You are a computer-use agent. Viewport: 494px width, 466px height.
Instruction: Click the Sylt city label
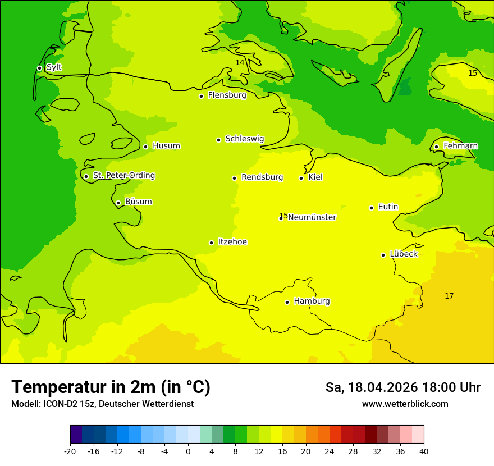click(x=54, y=67)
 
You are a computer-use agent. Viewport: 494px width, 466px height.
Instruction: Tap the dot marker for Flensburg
click(x=201, y=96)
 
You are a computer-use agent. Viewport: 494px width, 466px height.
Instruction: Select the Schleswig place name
click(x=244, y=139)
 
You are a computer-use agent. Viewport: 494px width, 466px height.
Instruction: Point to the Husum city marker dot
click(x=145, y=147)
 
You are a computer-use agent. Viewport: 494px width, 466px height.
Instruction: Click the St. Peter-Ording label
click(x=124, y=176)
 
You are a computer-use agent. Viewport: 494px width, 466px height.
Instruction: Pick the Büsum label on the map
click(x=138, y=202)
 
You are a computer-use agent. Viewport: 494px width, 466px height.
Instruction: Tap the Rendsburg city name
click(x=262, y=177)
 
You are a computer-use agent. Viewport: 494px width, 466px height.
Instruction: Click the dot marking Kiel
click(x=301, y=178)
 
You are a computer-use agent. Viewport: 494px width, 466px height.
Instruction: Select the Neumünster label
click(x=312, y=217)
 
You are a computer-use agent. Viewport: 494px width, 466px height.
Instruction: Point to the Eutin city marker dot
click(x=371, y=208)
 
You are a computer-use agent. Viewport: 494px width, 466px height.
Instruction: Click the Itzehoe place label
click(x=232, y=242)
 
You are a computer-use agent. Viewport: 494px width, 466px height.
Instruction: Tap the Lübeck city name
click(x=403, y=254)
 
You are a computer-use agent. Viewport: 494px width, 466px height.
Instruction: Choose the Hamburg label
click(x=312, y=301)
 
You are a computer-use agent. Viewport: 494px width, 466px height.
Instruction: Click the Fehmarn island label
click(x=460, y=146)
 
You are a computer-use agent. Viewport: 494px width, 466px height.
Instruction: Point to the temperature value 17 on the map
click(x=449, y=296)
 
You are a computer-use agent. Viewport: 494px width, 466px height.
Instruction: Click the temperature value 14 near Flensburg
click(x=240, y=62)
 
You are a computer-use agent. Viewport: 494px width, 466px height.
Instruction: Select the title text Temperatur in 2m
click(x=111, y=387)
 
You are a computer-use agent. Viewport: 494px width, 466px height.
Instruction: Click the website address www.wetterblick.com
click(x=405, y=404)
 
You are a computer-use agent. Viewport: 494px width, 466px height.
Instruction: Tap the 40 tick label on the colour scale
click(x=424, y=451)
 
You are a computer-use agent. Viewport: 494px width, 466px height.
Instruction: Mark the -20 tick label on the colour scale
click(x=70, y=451)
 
